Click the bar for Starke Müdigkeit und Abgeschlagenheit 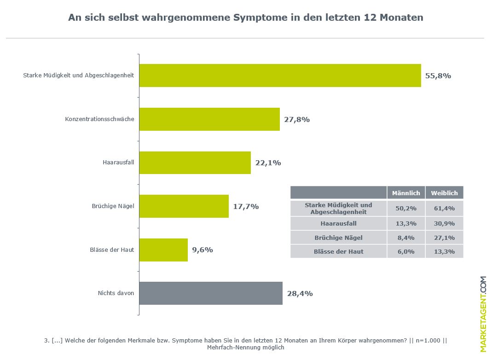[x=280, y=75]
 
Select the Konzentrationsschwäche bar [x=209, y=119]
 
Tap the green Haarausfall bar [x=195, y=163]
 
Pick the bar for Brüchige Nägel [x=184, y=206]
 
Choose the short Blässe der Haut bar [x=163, y=250]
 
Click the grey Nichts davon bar [x=211, y=293]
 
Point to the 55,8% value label [x=438, y=76]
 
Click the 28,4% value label [x=300, y=294]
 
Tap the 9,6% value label [x=203, y=250]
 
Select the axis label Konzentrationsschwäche [x=99, y=119]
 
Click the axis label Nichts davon [x=116, y=293]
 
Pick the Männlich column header [x=405, y=193]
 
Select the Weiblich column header [x=444, y=193]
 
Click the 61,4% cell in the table [x=444, y=209]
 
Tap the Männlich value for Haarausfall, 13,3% [x=405, y=224]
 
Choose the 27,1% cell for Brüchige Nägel [x=444, y=238]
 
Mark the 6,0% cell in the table [x=405, y=251]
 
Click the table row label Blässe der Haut [x=338, y=251]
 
